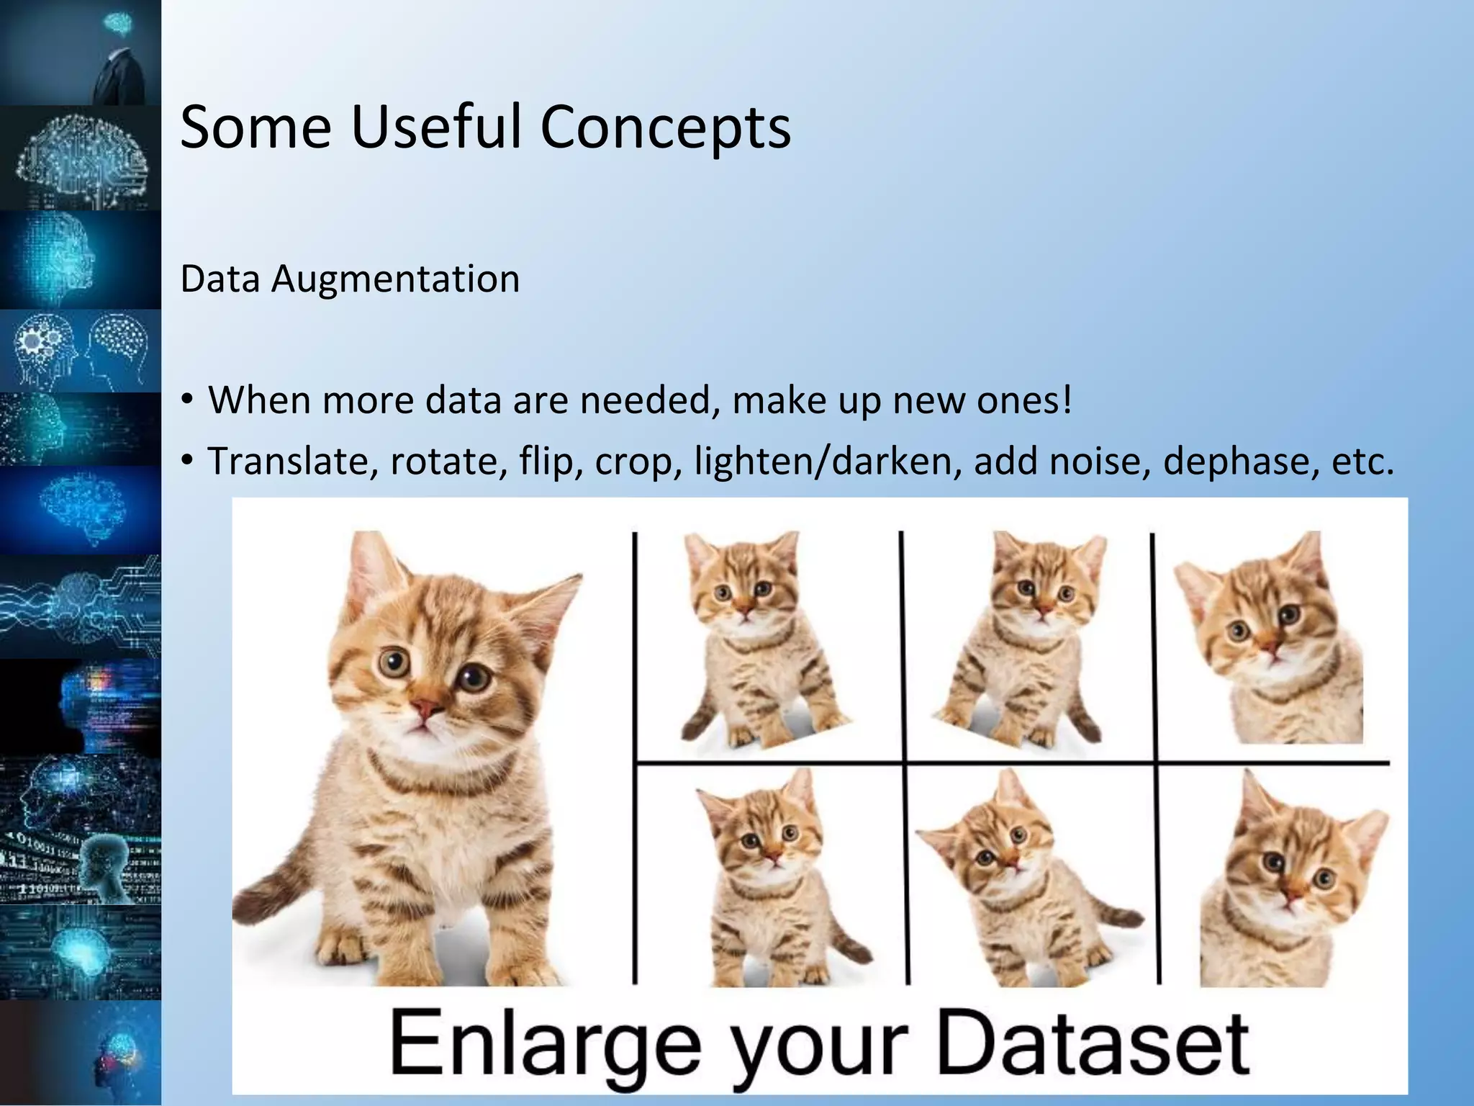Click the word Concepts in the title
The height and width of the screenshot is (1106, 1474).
coord(665,127)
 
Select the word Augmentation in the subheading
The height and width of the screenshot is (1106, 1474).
coord(395,279)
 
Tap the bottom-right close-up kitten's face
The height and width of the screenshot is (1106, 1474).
coord(1296,871)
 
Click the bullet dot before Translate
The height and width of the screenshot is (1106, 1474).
coord(188,461)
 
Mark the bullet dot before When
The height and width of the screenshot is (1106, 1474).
coord(188,400)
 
